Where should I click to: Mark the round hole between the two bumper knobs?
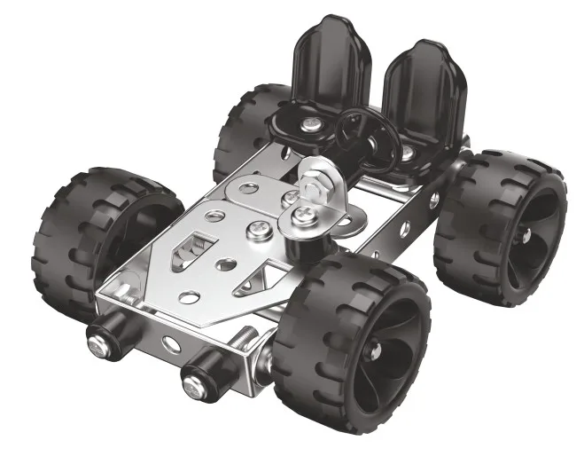pyautogui.click(x=164, y=342)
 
